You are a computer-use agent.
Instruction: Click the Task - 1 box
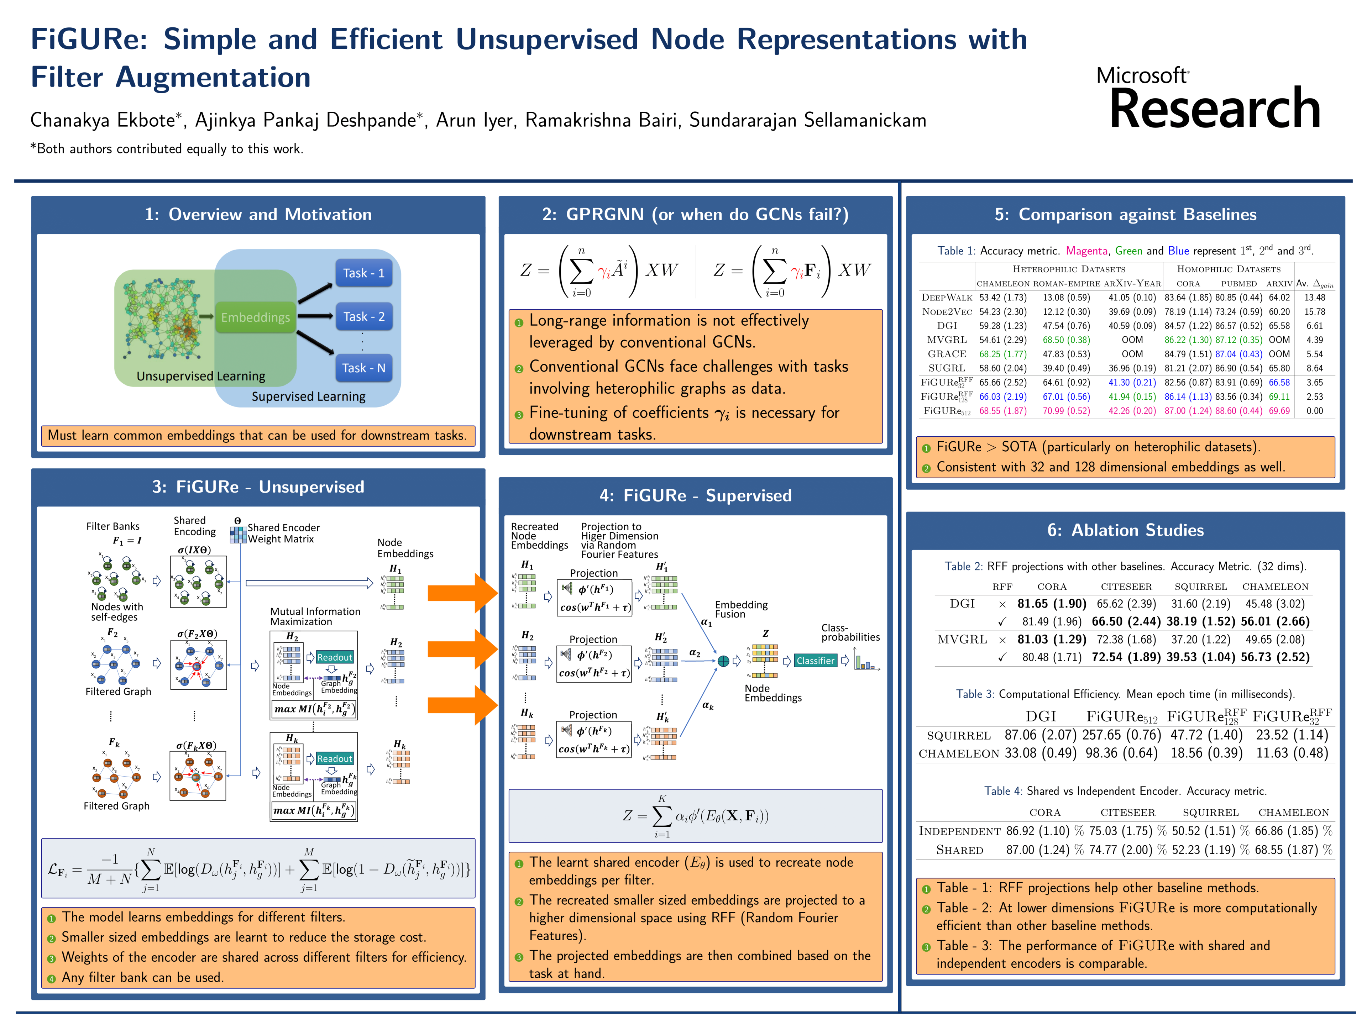coord(363,273)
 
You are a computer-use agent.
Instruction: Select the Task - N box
coord(363,368)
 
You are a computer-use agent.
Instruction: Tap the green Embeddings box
coord(255,317)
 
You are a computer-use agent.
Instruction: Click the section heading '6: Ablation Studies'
coord(1125,530)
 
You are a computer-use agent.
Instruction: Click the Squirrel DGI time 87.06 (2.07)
coord(1040,735)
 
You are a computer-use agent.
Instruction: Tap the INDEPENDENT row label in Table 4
coord(959,831)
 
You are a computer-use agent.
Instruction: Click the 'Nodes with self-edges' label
coord(117,612)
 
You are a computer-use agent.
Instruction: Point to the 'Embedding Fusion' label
coord(741,609)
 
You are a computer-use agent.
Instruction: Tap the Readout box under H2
coord(334,657)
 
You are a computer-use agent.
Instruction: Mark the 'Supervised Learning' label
coord(308,397)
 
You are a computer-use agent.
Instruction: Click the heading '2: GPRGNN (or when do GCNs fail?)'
coord(695,214)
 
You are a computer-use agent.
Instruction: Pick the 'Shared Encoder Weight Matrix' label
coord(283,533)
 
